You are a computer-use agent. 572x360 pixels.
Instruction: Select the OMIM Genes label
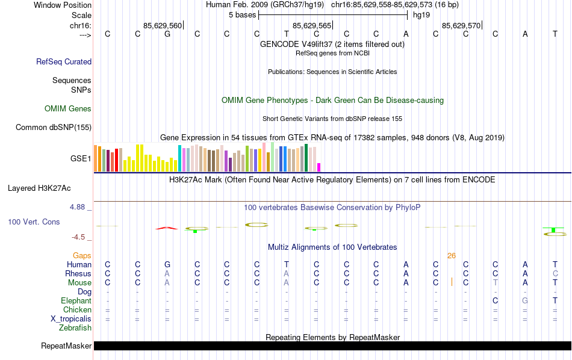(67, 109)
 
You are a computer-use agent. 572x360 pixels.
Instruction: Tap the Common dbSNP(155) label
(54, 127)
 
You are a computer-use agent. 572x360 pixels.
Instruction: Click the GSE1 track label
(81, 159)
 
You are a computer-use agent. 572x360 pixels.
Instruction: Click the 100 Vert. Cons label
(34, 222)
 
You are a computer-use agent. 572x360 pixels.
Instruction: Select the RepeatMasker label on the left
(66, 346)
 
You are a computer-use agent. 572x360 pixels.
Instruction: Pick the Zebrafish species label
(75, 328)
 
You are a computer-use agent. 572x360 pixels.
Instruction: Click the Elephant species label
(76, 301)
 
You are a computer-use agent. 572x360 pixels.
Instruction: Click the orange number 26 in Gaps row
(452, 256)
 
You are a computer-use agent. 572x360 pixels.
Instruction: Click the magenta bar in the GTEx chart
(319, 167)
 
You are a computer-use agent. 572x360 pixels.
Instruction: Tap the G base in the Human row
(167, 265)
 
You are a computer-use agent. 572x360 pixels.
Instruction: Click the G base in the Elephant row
(525, 301)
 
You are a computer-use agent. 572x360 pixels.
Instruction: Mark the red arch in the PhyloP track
(167, 228)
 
